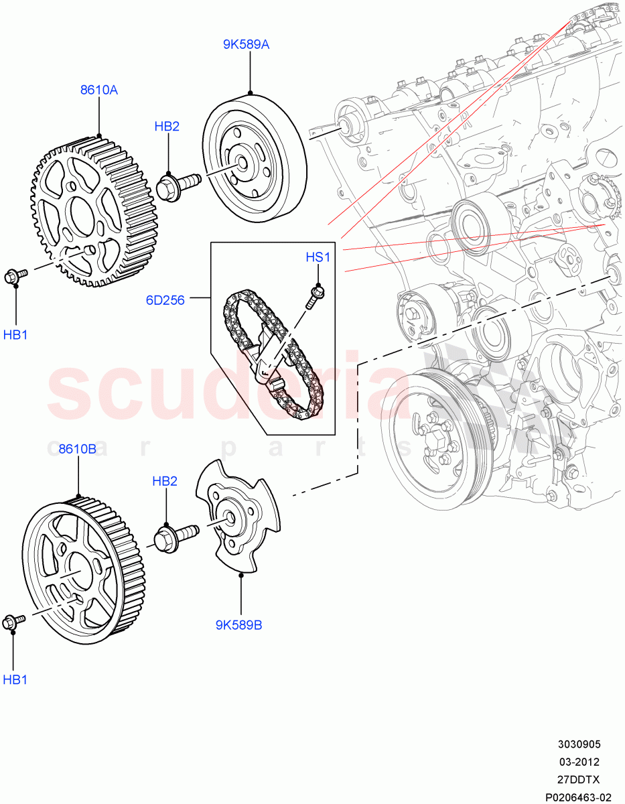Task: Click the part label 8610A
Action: pyautogui.click(x=99, y=90)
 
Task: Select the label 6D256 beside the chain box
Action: pyautogui.click(x=165, y=300)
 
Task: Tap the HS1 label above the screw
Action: pyautogui.click(x=318, y=257)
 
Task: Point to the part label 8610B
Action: pyautogui.click(x=78, y=448)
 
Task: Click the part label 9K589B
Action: pyautogui.click(x=238, y=625)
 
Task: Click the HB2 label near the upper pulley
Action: pyautogui.click(x=167, y=126)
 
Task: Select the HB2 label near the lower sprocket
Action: pyautogui.click(x=165, y=480)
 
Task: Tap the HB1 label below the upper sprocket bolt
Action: pyautogui.click(x=15, y=334)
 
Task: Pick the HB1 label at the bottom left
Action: pyautogui.click(x=15, y=679)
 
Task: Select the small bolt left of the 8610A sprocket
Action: pyautogui.click(x=15, y=275)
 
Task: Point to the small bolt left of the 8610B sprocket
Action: pyautogui.click(x=13, y=622)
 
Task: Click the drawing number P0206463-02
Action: pyautogui.click(x=577, y=797)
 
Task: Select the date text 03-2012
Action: pyautogui.click(x=579, y=762)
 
